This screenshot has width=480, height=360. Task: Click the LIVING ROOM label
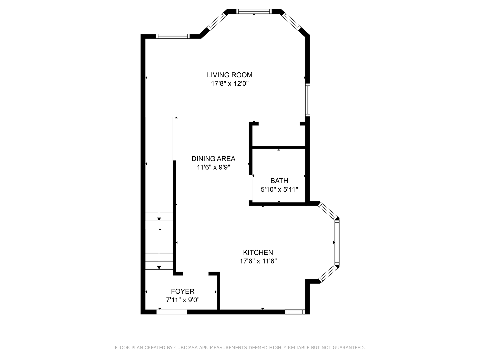[230, 75]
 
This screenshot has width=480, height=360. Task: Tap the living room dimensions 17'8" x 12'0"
[230, 83]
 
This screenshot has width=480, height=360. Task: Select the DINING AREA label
[213, 159]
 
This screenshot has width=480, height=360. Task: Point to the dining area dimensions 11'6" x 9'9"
[213, 167]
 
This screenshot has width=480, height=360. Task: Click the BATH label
[279, 181]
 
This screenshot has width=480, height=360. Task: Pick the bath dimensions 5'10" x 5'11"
[279, 189]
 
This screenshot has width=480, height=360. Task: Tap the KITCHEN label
[258, 252]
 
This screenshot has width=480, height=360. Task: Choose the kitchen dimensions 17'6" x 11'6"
[258, 261]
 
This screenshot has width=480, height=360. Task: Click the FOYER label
[183, 291]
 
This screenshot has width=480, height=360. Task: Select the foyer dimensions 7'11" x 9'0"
[183, 300]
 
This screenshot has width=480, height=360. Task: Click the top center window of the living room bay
[254, 11]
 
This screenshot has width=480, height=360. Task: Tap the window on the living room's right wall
[308, 100]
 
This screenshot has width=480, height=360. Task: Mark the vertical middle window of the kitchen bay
[337, 242]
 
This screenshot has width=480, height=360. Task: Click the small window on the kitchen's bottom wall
[295, 312]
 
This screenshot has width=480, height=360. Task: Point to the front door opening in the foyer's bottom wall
[172, 312]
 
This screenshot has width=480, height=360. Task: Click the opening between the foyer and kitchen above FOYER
[196, 274]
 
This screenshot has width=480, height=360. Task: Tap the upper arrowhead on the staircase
[159, 219]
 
